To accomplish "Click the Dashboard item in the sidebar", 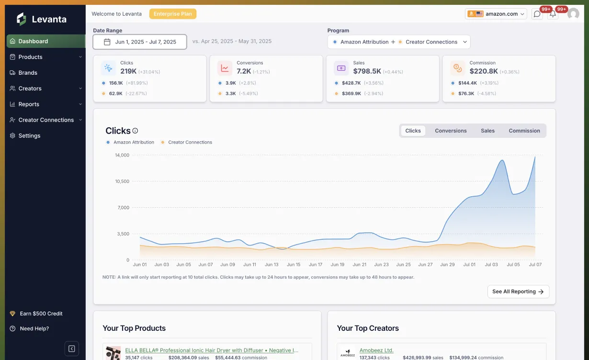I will click(33, 41).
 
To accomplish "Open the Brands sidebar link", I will click(28, 73).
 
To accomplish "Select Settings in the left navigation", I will click(29, 136).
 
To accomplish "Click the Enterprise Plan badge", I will click(172, 14).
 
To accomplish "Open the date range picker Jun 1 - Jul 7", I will click(140, 42).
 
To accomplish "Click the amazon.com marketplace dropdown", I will click(496, 14).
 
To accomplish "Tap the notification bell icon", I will click(553, 14).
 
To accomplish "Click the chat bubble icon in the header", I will click(537, 14).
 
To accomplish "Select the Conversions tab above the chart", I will click(451, 131).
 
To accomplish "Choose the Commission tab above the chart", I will click(524, 131).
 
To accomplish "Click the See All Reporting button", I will click(518, 292).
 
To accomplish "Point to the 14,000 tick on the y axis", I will click(122, 155).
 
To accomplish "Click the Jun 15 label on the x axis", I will click(294, 265).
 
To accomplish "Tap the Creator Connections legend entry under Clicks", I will click(190, 142).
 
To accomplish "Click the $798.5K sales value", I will click(367, 71).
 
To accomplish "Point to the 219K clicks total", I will click(128, 71).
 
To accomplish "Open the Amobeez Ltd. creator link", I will click(376, 350).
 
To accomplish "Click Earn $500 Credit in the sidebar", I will click(41, 314).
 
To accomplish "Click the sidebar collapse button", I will click(71, 349).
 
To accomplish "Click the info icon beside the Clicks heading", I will click(135, 131).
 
